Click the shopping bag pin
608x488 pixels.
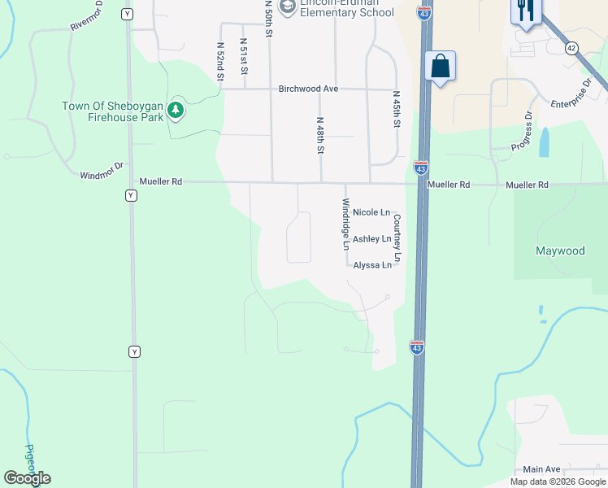click(x=440, y=67)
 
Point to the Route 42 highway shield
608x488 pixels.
click(x=571, y=49)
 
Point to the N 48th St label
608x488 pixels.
click(x=320, y=135)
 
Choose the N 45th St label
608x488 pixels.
click(x=397, y=108)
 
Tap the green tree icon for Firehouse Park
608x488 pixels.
click(x=175, y=110)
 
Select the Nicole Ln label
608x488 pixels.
click(x=371, y=212)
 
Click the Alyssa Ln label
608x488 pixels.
click(x=372, y=265)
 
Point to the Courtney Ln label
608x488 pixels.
click(x=397, y=237)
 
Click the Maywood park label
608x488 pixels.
click(x=559, y=251)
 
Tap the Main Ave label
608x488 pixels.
click(x=542, y=469)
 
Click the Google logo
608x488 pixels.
click(x=27, y=478)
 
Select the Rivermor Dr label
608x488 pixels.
click(x=86, y=15)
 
